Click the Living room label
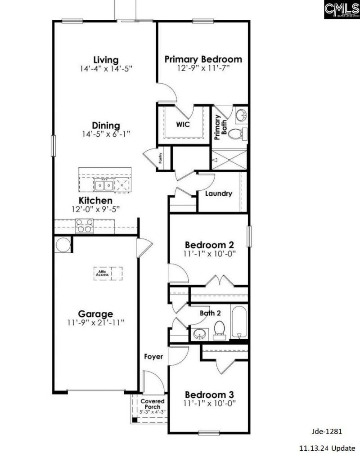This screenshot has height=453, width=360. pos(106,59)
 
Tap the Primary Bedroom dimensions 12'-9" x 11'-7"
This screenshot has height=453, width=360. pos(203,68)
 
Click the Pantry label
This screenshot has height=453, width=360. pos(160,157)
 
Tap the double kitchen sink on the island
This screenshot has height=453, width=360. pos(104,184)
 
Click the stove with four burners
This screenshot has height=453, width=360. pos(84,225)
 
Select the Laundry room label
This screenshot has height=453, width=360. pos(218,194)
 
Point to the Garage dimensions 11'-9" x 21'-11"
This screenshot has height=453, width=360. pos(95,323)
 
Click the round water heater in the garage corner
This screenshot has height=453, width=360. pos(63,245)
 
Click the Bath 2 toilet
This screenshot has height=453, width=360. pos(219,329)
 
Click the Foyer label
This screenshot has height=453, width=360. pos(153,357)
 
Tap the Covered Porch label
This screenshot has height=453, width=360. pos(153,404)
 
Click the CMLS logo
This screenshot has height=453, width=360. pos(341,9)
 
